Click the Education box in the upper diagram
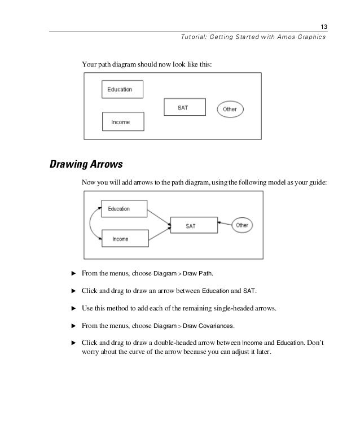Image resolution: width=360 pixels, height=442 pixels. coord(122,89)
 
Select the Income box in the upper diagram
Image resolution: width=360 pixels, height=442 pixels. coord(123,121)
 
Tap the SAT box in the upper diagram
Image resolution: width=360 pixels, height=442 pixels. coord(183,107)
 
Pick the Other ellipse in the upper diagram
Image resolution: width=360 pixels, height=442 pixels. coord(230,109)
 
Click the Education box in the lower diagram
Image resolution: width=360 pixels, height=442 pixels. coord(124,209)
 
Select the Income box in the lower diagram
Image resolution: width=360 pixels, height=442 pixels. coord(124,239)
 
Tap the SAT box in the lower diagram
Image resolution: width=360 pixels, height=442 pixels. coord(192,226)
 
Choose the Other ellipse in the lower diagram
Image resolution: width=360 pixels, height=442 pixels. coord(242,225)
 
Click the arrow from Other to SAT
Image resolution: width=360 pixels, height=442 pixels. coord(223,225)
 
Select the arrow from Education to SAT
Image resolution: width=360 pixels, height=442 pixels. coord(160,217)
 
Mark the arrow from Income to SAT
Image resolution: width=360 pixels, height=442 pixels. coord(160,233)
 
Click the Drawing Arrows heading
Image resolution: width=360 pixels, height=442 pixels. coord(86,165)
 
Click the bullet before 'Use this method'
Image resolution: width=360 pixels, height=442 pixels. coord(72,309)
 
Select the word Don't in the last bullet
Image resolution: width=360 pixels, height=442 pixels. coord(323,343)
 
